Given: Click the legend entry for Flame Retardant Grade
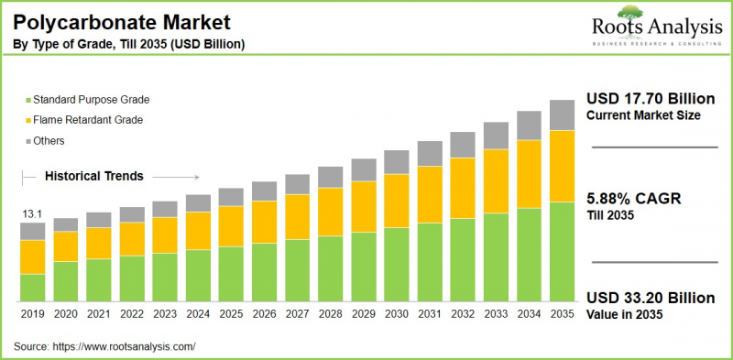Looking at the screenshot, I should pyautogui.click(x=87, y=120).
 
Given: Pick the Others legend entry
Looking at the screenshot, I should pyautogui.click(x=51, y=141).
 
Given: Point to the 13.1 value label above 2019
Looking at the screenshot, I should pyautogui.click(x=32, y=214).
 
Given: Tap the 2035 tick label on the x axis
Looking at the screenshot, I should pyautogui.click(x=561, y=313).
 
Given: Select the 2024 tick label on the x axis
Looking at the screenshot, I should pyautogui.click(x=198, y=313).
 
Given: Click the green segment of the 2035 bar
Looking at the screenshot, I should pyautogui.click(x=561, y=252).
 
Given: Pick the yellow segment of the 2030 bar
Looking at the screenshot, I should pyautogui.click(x=396, y=200).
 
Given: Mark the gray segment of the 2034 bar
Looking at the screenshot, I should pyautogui.click(x=528, y=125).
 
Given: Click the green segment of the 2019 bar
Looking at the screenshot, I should pyautogui.click(x=33, y=288).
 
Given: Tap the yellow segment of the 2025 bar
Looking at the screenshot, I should pyautogui.click(x=231, y=225).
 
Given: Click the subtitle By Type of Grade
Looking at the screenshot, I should pyautogui.click(x=128, y=44).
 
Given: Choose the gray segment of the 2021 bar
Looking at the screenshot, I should pyautogui.click(x=99, y=220).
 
